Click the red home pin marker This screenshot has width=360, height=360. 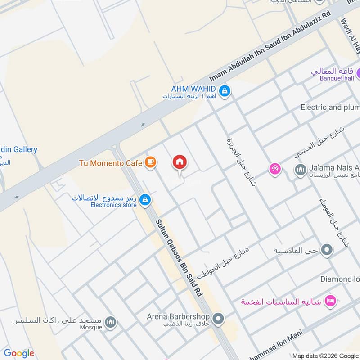click(180, 162)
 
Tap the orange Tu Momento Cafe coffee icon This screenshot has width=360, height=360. click(151, 163)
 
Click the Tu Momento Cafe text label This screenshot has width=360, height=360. click(111, 163)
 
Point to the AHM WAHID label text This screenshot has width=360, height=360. click(193, 88)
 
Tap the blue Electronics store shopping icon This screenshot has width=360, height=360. click(144, 200)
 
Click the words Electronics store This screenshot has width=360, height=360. click(113, 205)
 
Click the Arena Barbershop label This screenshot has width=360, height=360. click(179, 316)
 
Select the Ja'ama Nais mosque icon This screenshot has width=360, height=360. click(300, 170)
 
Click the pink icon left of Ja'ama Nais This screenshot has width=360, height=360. click(274, 169)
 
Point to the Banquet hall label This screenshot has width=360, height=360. click(337, 78)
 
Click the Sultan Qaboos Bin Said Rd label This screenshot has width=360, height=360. click(179, 257)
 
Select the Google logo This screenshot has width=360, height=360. click(18, 353)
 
